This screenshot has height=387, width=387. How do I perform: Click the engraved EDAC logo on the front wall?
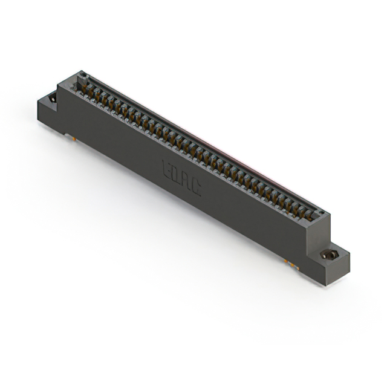click(182, 177)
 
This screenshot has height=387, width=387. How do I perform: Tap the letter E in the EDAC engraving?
click(168, 169)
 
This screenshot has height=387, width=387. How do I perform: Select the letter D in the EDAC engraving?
click(177, 174)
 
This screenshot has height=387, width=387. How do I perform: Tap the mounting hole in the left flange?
click(53, 97)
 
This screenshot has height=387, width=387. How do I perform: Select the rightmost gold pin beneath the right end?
click(294, 264)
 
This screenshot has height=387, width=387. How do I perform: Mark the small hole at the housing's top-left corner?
click(83, 76)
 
